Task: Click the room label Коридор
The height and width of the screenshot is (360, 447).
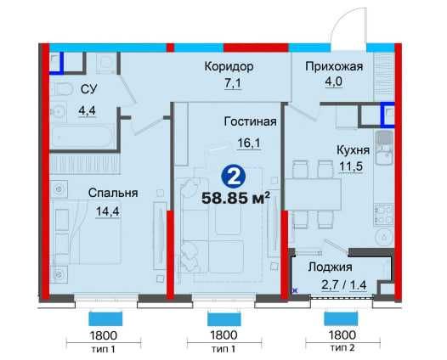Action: click(x=229, y=66)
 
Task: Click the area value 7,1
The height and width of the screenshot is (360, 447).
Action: click(x=229, y=82)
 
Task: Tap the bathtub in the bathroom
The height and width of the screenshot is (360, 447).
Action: click(x=79, y=136)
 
